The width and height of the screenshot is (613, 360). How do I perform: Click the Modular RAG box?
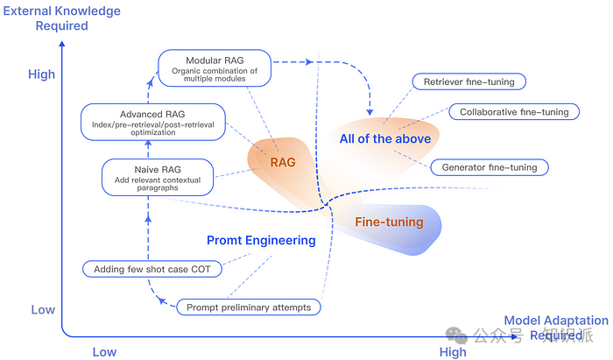(215, 68)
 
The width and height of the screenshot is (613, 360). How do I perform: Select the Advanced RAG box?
(153, 122)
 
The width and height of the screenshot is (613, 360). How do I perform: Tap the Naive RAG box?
(158, 178)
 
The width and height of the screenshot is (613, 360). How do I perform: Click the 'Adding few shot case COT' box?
(152, 269)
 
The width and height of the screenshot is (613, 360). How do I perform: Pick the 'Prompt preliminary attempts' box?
(249, 307)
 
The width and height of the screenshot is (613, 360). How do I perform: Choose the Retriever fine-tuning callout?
(469, 81)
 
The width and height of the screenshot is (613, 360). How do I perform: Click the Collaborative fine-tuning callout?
(514, 112)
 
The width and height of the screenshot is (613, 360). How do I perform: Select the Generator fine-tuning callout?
(490, 167)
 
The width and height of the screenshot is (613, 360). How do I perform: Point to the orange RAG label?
(283, 162)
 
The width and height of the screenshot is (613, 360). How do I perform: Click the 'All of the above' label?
(385, 138)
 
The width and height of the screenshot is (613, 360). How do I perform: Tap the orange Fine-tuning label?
(389, 222)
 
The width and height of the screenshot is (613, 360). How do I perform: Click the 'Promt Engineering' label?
(261, 240)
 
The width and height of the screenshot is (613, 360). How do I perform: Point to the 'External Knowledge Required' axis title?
(62, 18)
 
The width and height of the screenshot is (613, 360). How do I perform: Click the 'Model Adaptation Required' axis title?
(556, 328)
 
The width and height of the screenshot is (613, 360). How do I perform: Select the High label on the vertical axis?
(41, 74)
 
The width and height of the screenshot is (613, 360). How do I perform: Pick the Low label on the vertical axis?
(43, 309)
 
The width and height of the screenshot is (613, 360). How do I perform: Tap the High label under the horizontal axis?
(453, 352)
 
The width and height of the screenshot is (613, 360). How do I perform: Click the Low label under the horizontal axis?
(104, 352)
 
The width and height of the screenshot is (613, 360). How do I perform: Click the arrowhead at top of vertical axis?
(62, 44)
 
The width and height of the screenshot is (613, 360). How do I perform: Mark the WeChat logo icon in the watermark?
(456, 335)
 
